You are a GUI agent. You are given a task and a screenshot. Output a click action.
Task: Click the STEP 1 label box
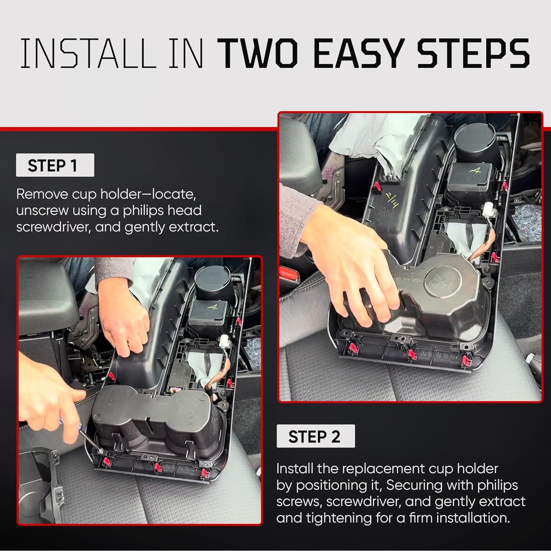tap(55, 165)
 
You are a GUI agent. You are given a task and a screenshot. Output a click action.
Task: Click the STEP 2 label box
tap(316, 436)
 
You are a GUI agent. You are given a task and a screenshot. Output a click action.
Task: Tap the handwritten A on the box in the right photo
tap(476, 171)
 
